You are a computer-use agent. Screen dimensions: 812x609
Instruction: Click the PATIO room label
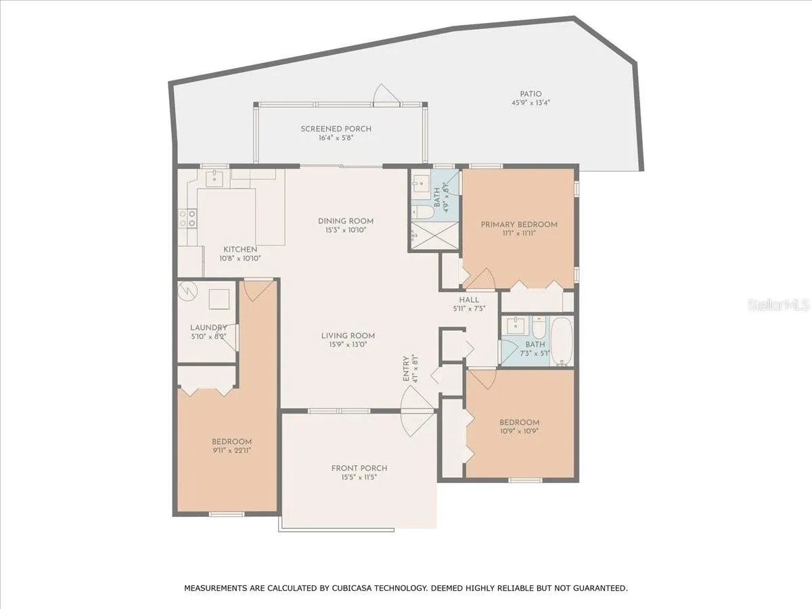(x=531, y=94)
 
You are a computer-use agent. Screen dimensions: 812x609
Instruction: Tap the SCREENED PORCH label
(x=336, y=129)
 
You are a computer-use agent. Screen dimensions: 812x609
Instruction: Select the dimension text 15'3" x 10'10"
(x=346, y=230)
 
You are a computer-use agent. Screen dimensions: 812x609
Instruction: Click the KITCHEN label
(x=240, y=249)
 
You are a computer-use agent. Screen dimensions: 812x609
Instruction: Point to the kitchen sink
(x=215, y=179)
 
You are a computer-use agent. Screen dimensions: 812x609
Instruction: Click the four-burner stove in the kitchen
(x=187, y=218)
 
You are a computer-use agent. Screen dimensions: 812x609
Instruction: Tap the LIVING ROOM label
(x=348, y=336)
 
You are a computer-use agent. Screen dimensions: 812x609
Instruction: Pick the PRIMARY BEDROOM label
(x=519, y=225)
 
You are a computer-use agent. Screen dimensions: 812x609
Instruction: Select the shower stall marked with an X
(x=435, y=235)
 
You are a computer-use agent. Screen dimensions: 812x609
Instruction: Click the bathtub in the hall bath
(x=562, y=341)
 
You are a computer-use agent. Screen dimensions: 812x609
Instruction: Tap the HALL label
(x=469, y=300)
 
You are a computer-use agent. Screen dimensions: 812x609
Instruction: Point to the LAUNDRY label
(x=208, y=328)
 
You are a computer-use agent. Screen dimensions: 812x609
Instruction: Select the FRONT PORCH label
(x=359, y=468)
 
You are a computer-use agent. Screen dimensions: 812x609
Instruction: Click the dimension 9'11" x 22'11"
(x=231, y=451)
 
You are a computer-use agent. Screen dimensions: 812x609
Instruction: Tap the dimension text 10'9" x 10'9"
(x=519, y=431)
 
